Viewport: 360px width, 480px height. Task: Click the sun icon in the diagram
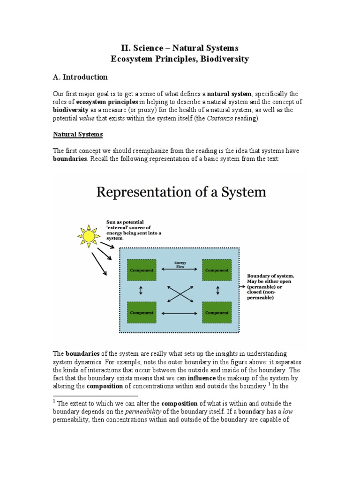click(88, 236)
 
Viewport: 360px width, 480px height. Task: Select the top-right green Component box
click(217, 270)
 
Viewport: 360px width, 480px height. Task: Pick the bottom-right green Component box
click(217, 312)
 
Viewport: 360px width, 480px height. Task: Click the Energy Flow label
click(180, 264)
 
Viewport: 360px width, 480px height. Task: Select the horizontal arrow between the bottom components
click(180, 313)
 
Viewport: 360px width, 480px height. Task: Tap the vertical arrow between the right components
click(217, 291)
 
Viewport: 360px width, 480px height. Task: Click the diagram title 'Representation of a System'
click(181, 192)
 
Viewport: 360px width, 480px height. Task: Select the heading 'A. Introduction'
click(80, 77)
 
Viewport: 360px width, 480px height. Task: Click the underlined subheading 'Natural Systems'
click(78, 135)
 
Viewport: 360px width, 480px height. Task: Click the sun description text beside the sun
click(128, 230)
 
